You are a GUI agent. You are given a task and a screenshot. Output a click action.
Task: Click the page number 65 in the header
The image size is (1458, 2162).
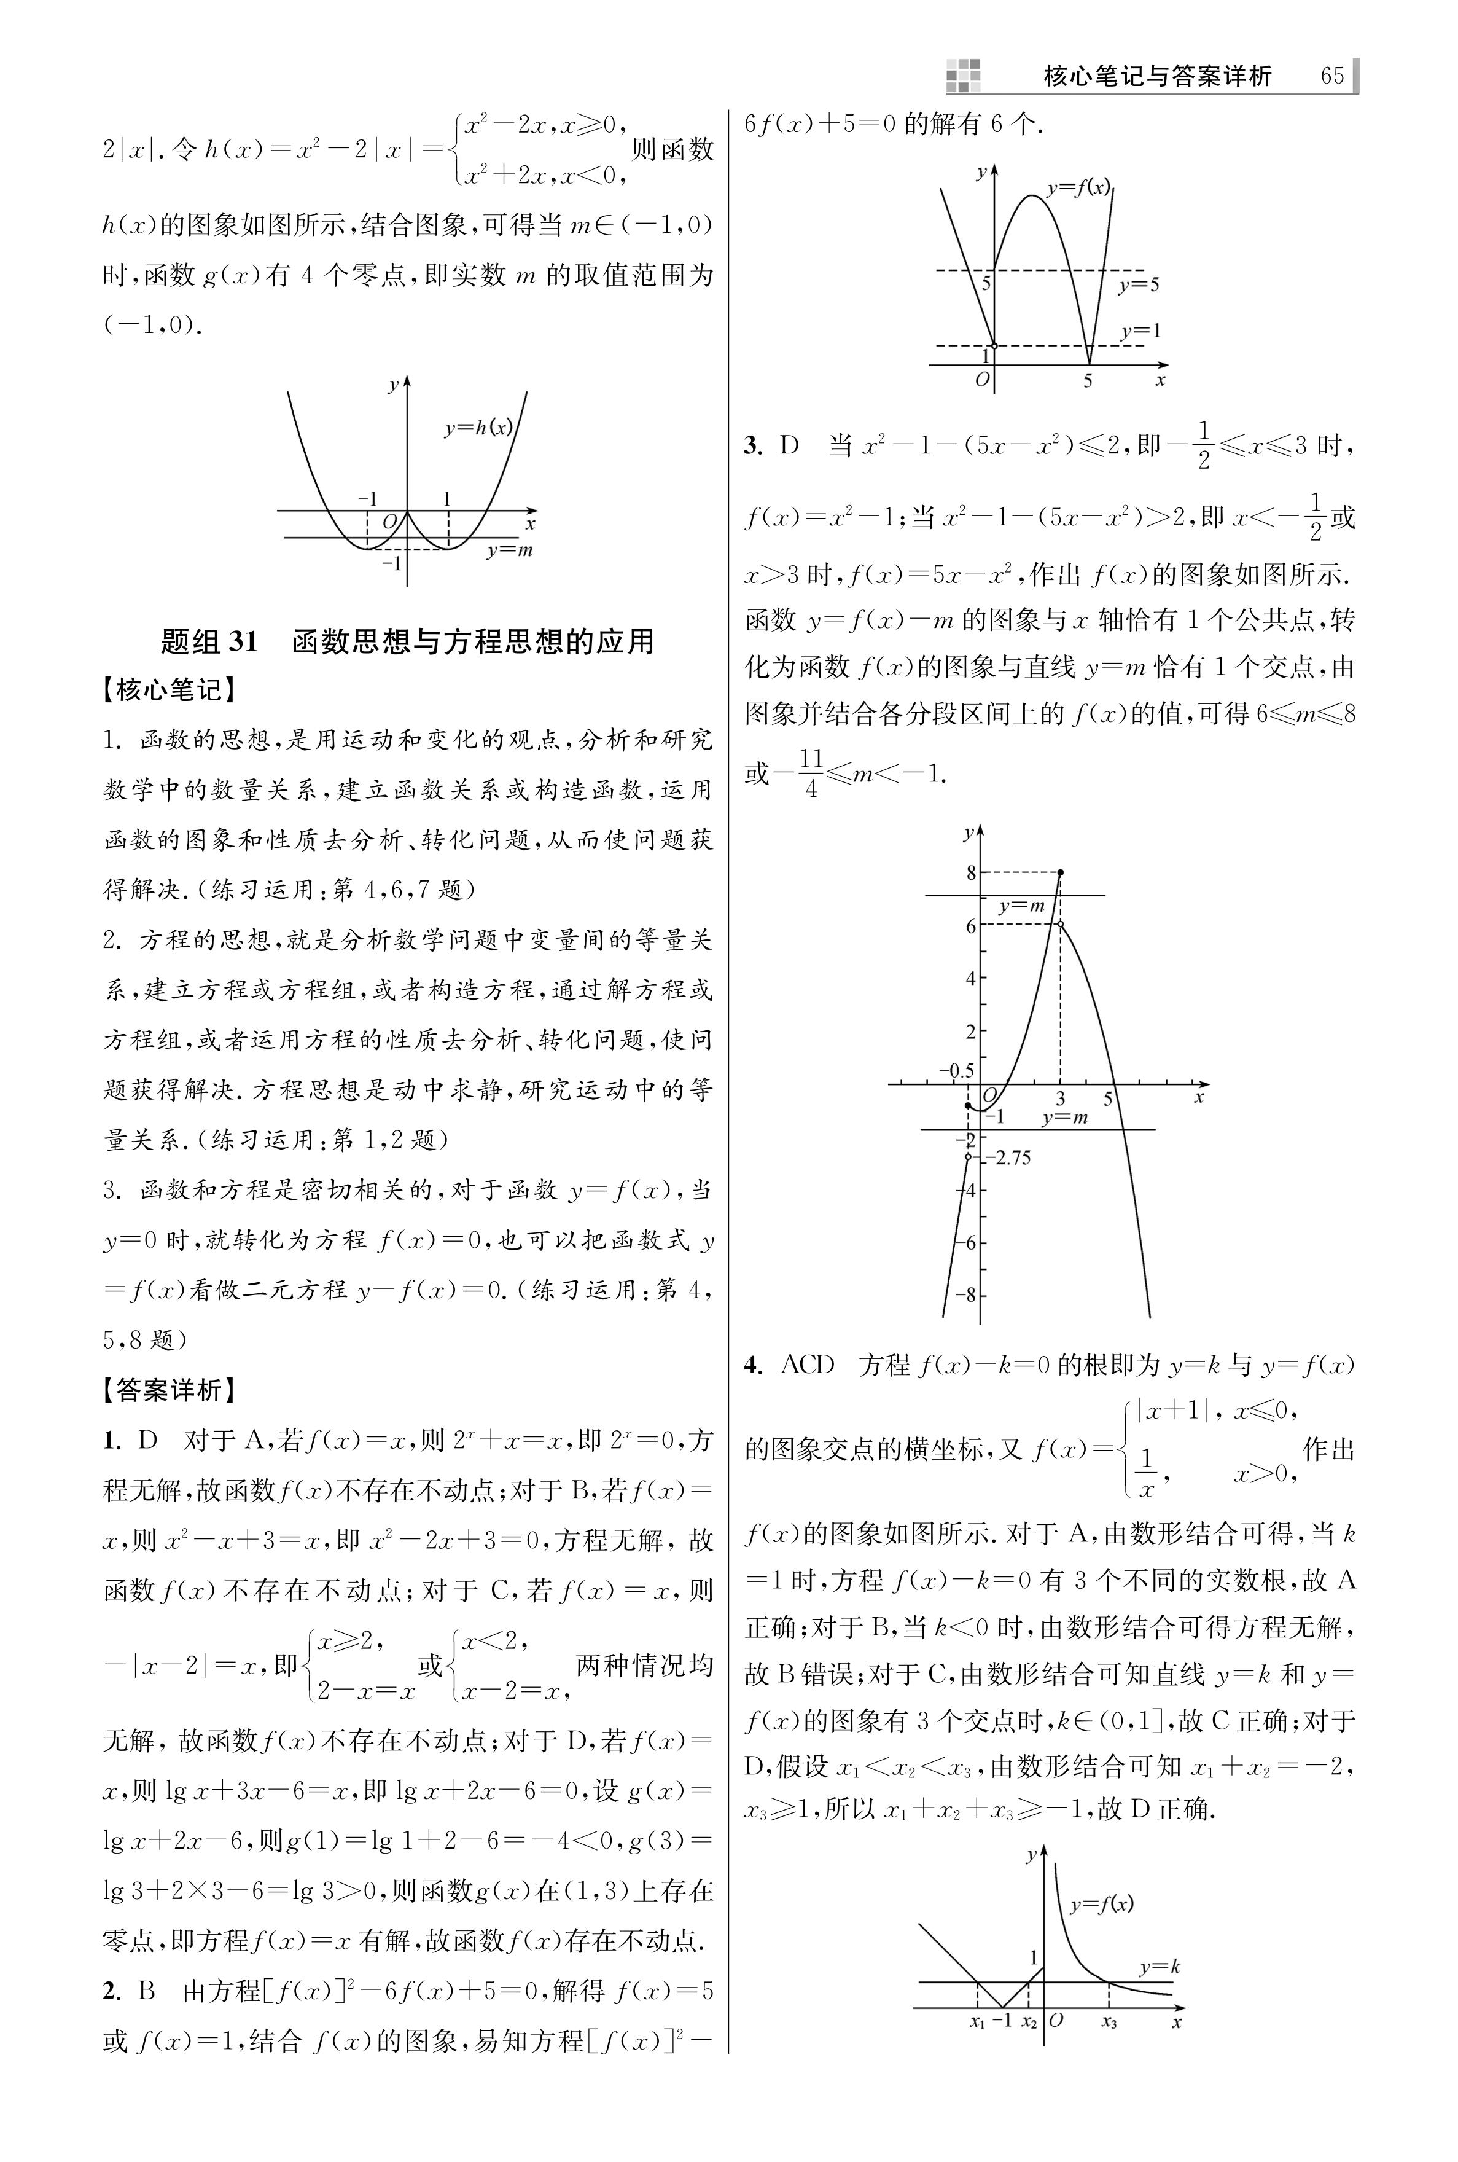point(1331,76)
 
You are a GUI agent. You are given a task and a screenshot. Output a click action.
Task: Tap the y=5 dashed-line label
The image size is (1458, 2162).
point(1138,284)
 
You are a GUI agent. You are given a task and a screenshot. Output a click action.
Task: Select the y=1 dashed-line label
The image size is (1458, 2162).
point(1140,331)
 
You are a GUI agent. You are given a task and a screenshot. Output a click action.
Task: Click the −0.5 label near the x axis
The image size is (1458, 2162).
point(956,1070)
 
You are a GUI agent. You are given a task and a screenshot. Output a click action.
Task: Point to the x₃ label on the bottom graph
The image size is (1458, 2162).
point(1109,2021)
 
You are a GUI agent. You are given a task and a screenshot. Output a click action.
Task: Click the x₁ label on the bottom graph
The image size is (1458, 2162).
point(977,2021)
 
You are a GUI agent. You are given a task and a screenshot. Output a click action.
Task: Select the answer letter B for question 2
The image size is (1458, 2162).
point(147,1991)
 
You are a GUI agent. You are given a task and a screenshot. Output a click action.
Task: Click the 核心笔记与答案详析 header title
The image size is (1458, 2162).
point(1156,76)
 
